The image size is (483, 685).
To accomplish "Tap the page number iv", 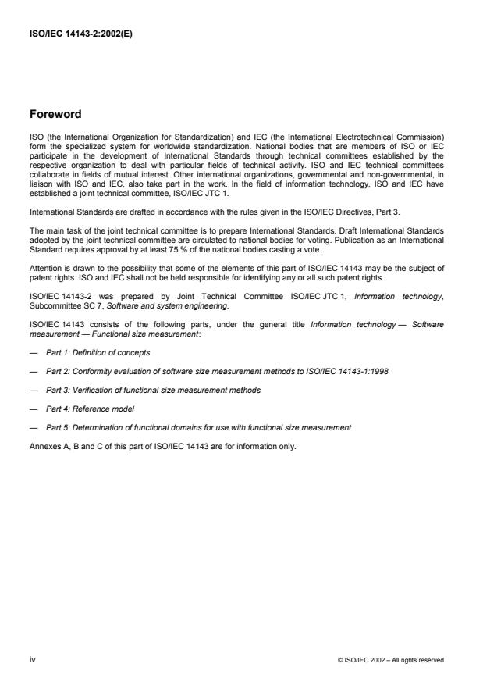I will pyautogui.click(x=32, y=660).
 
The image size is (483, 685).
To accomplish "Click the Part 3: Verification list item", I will pyautogui.click(x=153, y=390).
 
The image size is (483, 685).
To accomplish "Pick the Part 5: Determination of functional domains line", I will pyautogui.click(x=198, y=427).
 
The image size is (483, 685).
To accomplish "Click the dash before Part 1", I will pyautogui.click(x=33, y=352).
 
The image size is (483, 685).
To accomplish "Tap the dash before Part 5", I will pyautogui.click(x=33, y=427).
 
